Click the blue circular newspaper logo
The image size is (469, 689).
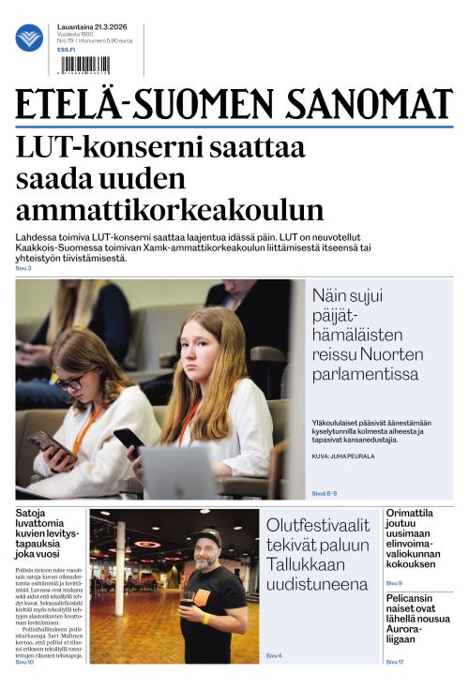point(29,38)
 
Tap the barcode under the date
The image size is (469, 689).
point(83,65)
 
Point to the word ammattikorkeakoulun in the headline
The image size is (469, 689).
point(170,209)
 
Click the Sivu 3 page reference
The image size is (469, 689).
point(23,269)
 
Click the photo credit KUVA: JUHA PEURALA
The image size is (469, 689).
point(345,456)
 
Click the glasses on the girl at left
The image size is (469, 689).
point(71,381)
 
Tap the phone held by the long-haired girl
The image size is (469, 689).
point(129,439)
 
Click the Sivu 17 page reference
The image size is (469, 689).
point(395,662)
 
